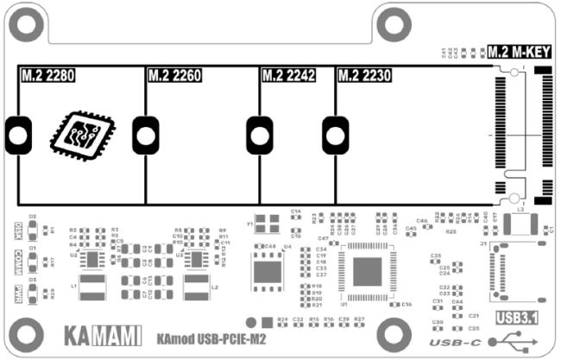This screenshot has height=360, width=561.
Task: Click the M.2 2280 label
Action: pos(47,76)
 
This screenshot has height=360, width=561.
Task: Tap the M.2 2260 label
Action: pos(174,76)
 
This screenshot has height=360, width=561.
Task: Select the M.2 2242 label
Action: pos(288,76)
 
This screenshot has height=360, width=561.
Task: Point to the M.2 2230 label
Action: pos(364,76)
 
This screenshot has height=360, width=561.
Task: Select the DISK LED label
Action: pos(18,231)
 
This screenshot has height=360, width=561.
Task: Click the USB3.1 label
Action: pos(517,317)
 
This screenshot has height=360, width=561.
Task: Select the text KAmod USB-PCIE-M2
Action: pos(211,338)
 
